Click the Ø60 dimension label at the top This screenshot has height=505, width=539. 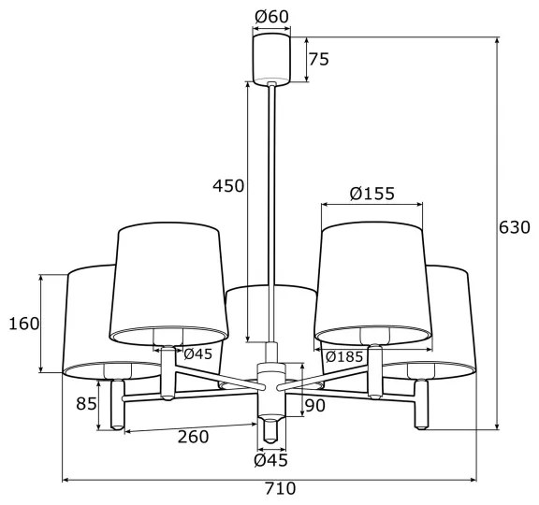click(270, 16)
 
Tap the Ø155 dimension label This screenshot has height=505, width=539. click(371, 194)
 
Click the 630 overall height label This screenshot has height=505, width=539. click(514, 227)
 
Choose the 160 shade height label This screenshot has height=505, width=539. click(22, 324)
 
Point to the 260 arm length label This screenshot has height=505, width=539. click(191, 437)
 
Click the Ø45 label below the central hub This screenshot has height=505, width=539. click(270, 459)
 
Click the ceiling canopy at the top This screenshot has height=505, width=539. click(271, 58)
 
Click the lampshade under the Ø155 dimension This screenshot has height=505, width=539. click(371, 281)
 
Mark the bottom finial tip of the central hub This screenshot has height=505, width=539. click(270, 434)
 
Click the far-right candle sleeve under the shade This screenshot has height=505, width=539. click(421, 404)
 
